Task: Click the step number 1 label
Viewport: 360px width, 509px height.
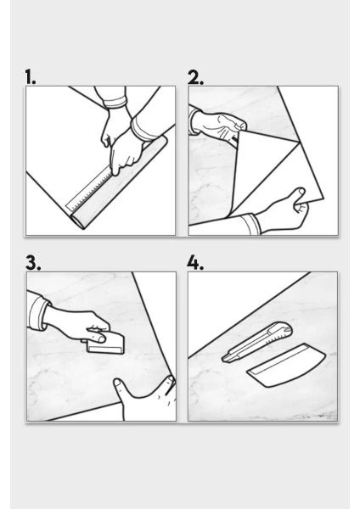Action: pyautogui.click(x=31, y=77)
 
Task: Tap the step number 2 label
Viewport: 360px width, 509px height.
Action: pyautogui.click(x=195, y=77)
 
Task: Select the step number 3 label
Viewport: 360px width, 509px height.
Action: pyautogui.click(x=33, y=263)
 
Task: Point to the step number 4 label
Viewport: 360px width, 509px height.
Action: pyautogui.click(x=195, y=263)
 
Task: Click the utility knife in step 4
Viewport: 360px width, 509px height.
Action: pyautogui.click(x=256, y=343)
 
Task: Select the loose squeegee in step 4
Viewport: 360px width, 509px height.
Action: pyautogui.click(x=287, y=365)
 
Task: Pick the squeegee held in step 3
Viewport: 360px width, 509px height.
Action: pyautogui.click(x=105, y=344)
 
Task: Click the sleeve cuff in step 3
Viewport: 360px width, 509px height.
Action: pyautogui.click(x=38, y=312)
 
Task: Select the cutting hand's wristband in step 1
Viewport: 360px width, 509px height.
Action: pyautogui.click(x=141, y=128)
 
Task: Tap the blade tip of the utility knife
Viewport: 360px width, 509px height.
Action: pyautogui.click(x=223, y=360)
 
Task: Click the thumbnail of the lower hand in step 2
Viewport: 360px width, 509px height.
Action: pyautogui.click(x=301, y=192)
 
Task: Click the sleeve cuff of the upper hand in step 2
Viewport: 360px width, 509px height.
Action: pyautogui.click(x=194, y=121)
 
